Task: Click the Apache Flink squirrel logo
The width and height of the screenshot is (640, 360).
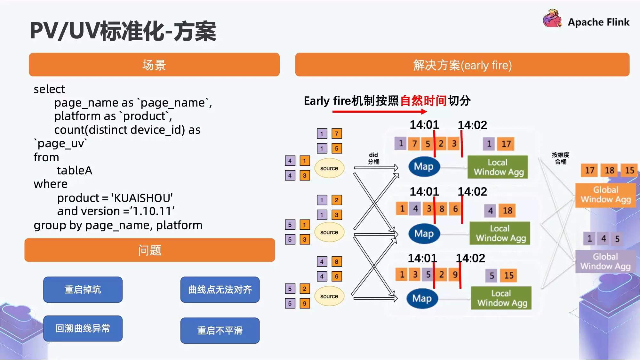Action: [552, 19]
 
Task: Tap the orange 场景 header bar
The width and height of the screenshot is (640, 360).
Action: [154, 65]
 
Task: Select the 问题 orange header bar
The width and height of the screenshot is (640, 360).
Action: [150, 250]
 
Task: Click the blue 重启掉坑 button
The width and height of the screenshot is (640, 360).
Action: [83, 290]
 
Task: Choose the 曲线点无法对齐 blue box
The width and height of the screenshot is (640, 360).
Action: [220, 290]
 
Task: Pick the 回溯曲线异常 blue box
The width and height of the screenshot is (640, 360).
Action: [83, 328]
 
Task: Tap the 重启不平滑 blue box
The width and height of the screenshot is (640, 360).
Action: [220, 330]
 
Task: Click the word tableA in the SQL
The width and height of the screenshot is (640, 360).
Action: [75, 171]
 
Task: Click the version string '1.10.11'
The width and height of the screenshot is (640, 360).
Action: [153, 211]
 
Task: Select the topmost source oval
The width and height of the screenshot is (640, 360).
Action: [329, 168]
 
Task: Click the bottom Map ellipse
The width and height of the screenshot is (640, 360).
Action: [422, 298]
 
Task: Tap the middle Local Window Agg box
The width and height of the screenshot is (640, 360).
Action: [500, 233]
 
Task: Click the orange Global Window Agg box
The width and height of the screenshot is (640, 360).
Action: [605, 195]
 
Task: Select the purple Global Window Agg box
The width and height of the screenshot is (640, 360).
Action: [605, 261]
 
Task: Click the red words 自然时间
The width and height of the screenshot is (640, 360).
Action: [423, 100]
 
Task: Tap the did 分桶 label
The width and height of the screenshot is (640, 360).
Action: [373, 158]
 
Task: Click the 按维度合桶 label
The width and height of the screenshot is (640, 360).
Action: [560, 158]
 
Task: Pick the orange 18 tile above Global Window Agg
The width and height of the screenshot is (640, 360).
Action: [609, 170]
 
